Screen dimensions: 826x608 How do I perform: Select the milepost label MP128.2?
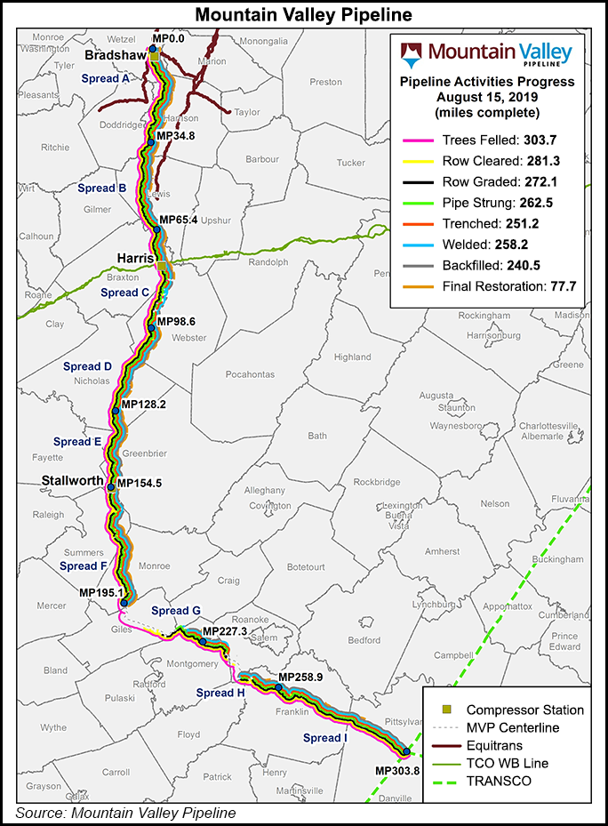[x=143, y=404]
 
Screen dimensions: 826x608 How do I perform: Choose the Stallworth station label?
[x=73, y=481]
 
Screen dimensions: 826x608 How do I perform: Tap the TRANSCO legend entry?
[x=498, y=781]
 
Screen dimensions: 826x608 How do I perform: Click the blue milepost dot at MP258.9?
[x=278, y=687]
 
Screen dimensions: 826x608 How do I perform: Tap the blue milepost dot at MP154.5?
[x=110, y=486]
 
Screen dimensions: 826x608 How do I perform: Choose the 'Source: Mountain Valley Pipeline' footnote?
[x=125, y=813]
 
